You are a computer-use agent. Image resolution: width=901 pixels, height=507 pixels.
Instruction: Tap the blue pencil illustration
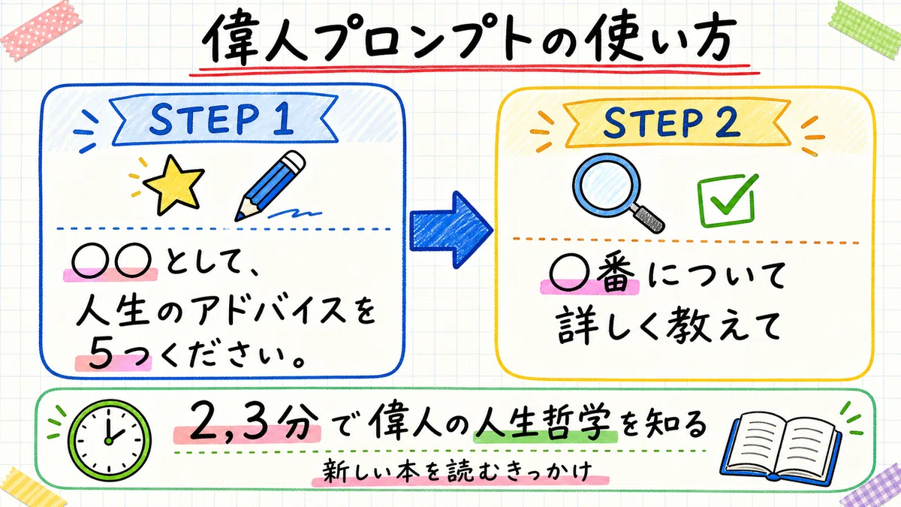pos(270,186)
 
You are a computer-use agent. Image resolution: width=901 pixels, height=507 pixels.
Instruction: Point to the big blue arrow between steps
pos(451,230)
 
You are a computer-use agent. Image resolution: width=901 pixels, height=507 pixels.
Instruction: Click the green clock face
pos(109,440)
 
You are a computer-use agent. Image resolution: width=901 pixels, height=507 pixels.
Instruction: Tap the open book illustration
pos(780,448)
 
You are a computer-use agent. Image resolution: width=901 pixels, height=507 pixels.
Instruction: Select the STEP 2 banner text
pos(671,122)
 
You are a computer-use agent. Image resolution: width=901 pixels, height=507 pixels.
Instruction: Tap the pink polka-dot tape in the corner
pos(41,31)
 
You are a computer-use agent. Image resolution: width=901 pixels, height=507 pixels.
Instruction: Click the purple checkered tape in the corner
pos(872,486)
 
